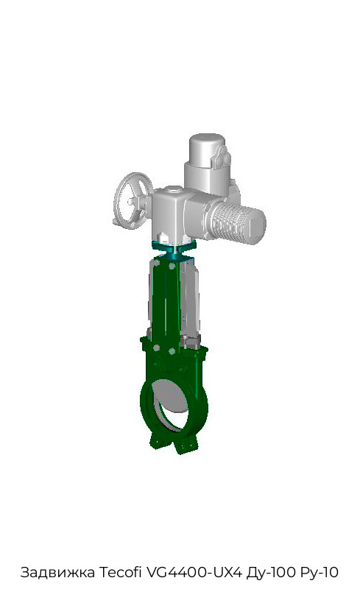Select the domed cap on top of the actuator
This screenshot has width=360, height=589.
pos(207,149)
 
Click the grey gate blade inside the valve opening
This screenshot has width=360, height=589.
pos(171,399)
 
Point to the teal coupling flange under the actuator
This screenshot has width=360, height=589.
pos(174,249)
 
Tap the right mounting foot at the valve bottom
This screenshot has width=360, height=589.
pos(186,445)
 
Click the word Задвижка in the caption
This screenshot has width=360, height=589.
pos(57,572)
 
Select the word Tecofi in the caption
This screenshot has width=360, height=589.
pos(120,572)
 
